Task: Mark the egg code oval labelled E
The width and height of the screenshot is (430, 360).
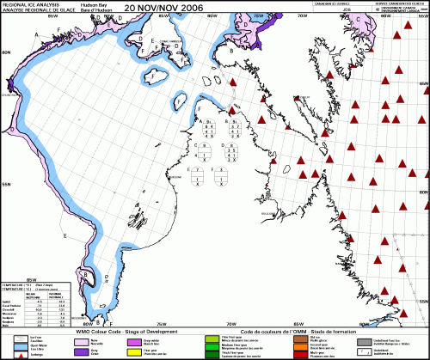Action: click(199, 178)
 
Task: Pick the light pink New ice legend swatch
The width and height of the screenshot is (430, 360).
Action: click(84, 339)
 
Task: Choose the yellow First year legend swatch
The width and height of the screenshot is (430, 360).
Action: click(135, 351)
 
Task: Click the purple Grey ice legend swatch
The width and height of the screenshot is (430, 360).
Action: click(84, 351)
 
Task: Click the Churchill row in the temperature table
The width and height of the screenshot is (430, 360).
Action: click(12, 309)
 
